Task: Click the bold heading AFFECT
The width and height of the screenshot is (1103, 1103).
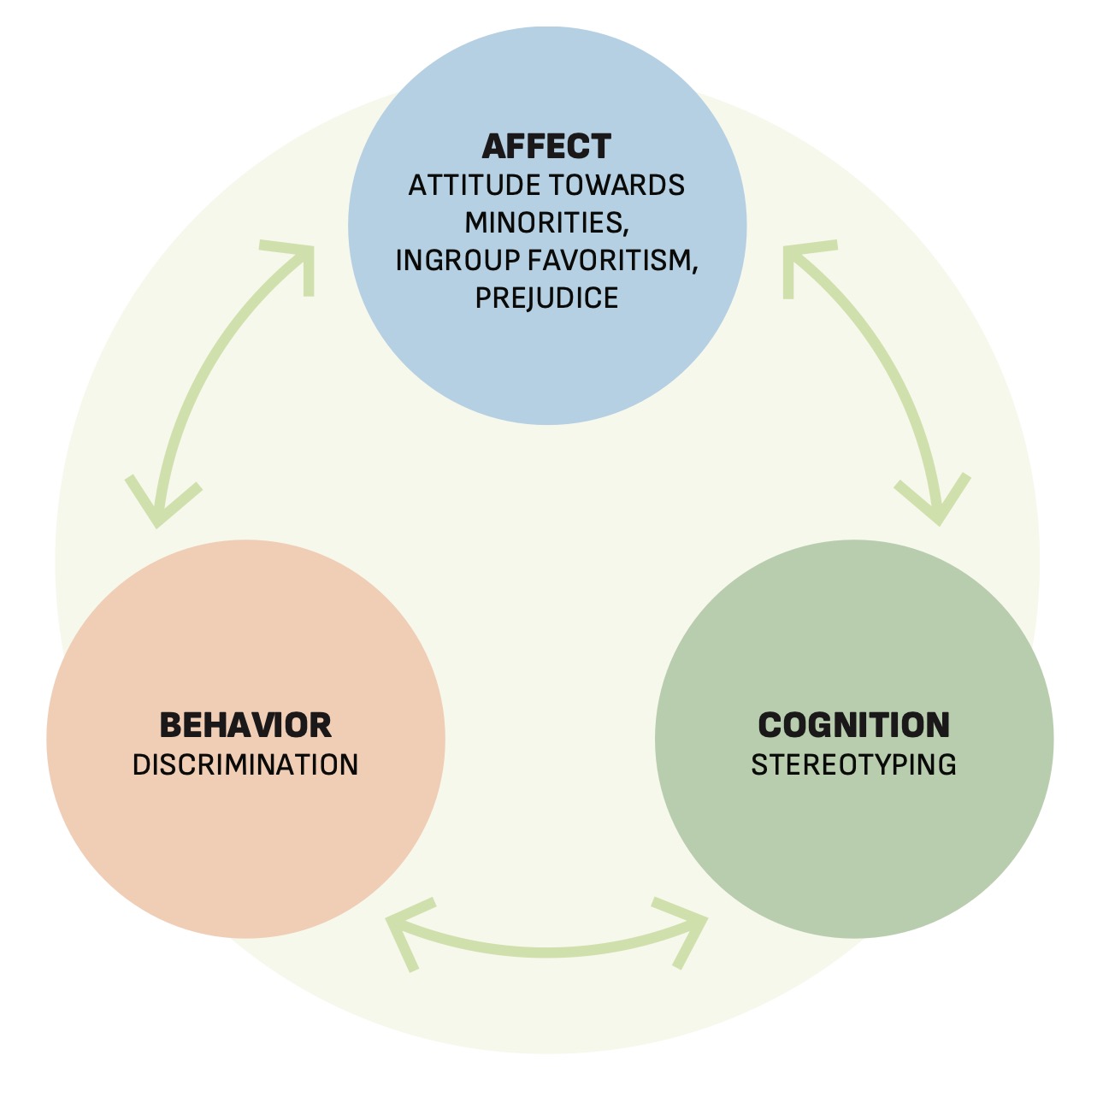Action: [546, 146]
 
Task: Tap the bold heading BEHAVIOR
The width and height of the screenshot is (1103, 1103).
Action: [245, 725]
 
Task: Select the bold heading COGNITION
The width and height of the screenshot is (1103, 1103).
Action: [853, 725]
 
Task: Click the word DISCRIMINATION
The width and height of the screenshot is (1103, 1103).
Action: [245, 764]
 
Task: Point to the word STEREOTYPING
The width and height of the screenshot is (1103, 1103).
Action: [853, 764]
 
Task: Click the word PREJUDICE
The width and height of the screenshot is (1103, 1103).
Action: [546, 298]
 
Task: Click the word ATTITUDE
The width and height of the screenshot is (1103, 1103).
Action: [474, 185]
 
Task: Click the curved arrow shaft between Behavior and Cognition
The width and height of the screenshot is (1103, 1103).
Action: [547, 950]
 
